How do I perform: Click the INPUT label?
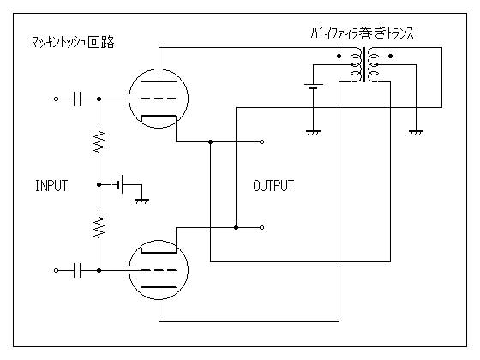pos(51,185)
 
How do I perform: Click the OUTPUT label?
pos(273,185)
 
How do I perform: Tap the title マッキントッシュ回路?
pos(73,42)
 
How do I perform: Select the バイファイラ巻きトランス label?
pos(362,33)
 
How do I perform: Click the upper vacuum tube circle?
pos(129,99)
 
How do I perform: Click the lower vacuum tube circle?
pos(129,270)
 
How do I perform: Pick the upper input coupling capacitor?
pos(78,99)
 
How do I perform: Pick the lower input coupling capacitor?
pos(78,270)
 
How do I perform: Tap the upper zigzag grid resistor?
pos(99,141)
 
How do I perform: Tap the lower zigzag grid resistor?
pos(99,227)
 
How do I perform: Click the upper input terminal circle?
pos(56,99)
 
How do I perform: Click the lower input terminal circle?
pos(56,270)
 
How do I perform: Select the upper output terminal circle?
pos(261,141)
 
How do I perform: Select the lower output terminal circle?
pos(261,227)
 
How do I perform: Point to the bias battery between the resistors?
pos(120,184)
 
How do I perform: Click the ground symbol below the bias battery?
pos(141,201)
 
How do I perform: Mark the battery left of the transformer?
pos(313,87)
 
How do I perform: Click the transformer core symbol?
pos(364,64)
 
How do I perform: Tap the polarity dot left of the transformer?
pos(339,56)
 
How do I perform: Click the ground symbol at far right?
pos(416,133)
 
